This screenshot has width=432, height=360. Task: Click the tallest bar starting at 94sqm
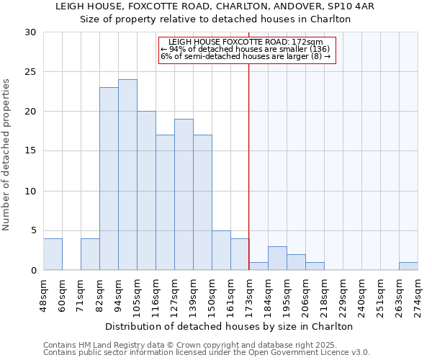(x=127, y=175)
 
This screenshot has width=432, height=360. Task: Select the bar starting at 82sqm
(x=109, y=179)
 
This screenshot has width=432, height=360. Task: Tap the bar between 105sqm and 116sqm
(x=146, y=191)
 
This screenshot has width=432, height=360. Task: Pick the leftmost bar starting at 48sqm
(x=53, y=254)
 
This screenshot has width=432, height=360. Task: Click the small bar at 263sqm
(x=408, y=266)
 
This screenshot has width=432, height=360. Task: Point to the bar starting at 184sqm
(x=277, y=258)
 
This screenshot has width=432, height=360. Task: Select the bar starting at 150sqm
(x=221, y=251)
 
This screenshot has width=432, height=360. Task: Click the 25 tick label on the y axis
(x=30, y=72)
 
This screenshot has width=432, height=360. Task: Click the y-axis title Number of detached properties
(x=7, y=151)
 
